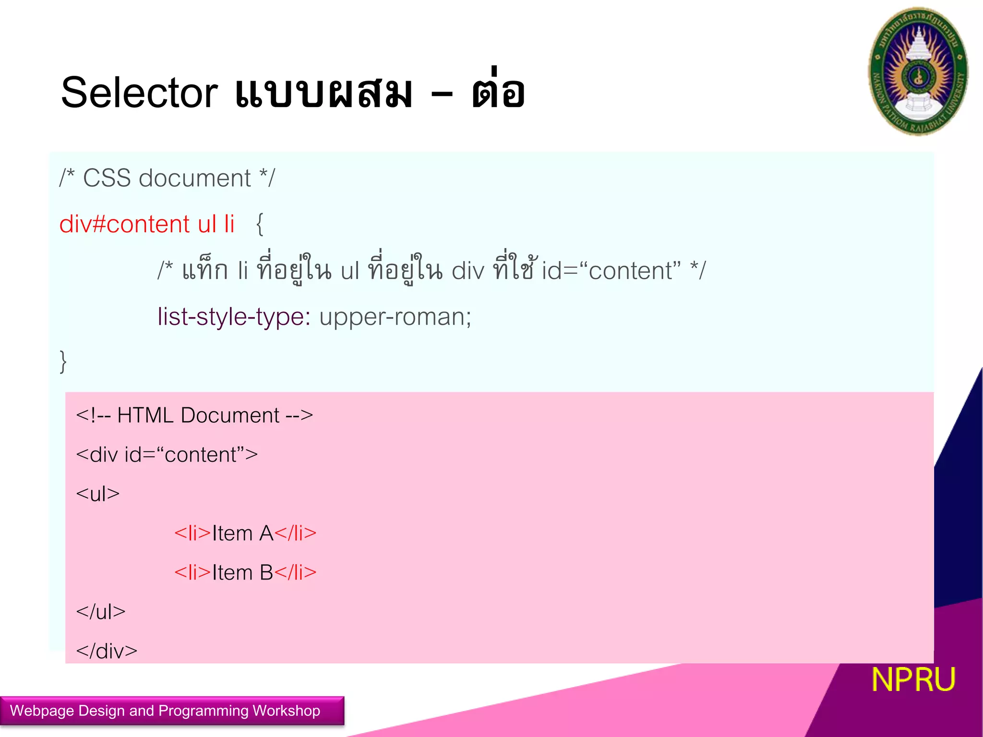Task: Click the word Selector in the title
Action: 139,93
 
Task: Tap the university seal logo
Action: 918,71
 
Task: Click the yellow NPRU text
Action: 913,679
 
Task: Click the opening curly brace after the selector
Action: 260,224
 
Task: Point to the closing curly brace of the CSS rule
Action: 63,361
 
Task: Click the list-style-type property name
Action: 234,317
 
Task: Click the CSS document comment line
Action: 167,178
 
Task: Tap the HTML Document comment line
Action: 194,416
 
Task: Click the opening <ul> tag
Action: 97,494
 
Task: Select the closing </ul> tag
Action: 100,612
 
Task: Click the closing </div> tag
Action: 107,651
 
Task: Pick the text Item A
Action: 242,534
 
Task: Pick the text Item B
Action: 242,573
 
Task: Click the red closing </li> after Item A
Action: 296,534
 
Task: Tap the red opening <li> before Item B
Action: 192,573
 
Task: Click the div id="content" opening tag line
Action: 167,455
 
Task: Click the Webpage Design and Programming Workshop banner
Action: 166,711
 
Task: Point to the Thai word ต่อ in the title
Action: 498,91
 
